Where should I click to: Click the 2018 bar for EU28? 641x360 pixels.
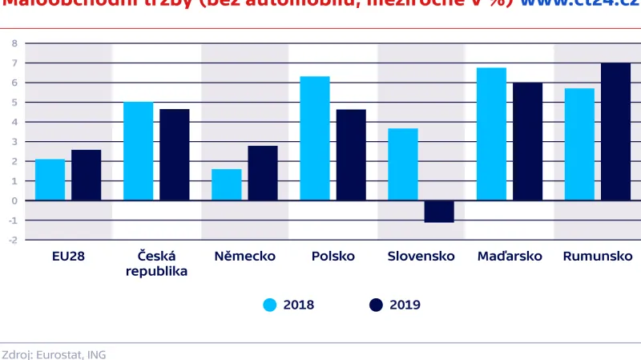[50, 180]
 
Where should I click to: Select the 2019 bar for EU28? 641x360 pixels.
[87, 175]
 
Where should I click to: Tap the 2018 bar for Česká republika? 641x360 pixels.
[138, 151]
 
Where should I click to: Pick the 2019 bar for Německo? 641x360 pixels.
[263, 173]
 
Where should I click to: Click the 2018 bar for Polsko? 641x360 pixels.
[315, 138]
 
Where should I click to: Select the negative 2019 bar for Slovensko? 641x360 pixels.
[439, 211]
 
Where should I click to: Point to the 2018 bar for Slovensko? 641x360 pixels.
[403, 164]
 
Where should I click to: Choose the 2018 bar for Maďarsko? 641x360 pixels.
[491, 134]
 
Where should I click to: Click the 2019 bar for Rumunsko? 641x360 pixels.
[615, 131]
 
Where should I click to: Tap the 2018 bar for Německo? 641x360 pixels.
[227, 184]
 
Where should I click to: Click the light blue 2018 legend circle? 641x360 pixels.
[270, 305]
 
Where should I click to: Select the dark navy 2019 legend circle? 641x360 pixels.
[376, 305]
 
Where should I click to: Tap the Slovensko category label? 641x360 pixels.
[421, 257]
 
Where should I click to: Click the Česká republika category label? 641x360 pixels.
[156, 264]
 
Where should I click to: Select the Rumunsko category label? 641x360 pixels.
[598, 257]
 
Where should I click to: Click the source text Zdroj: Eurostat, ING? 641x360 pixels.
[53, 354]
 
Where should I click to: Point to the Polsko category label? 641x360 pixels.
[333, 257]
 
